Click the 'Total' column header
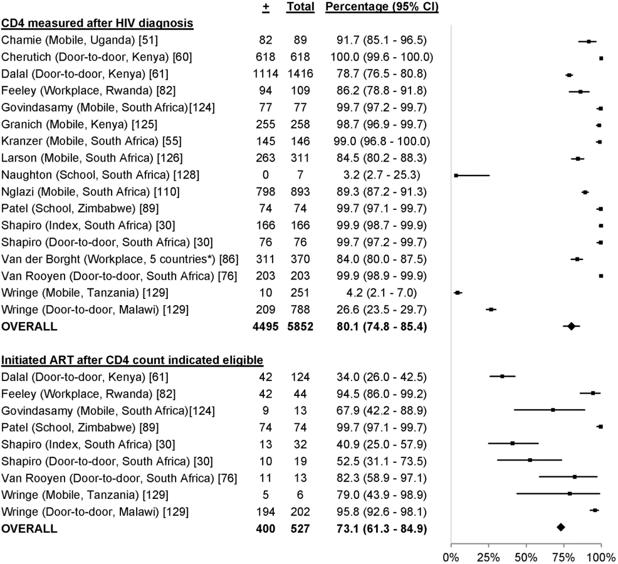(300, 7)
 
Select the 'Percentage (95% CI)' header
(382, 7)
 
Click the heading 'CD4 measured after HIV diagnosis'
(97, 23)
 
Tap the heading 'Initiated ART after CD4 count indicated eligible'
(132, 360)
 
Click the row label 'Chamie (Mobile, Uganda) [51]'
(80, 40)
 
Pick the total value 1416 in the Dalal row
(300, 74)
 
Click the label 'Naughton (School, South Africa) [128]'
(100, 175)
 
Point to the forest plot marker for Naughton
(456, 175)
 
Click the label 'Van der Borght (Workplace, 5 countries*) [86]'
(120, 259)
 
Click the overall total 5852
(300, 326)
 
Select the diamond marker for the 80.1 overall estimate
(571, 326)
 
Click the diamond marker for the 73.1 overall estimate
(560, 528)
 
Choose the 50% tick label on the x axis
(526, 557)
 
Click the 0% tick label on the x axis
(451, 557)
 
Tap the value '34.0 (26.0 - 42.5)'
(382, 377)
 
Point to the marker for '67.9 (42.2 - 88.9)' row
(553, 410)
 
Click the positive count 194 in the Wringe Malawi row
(266, 512)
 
